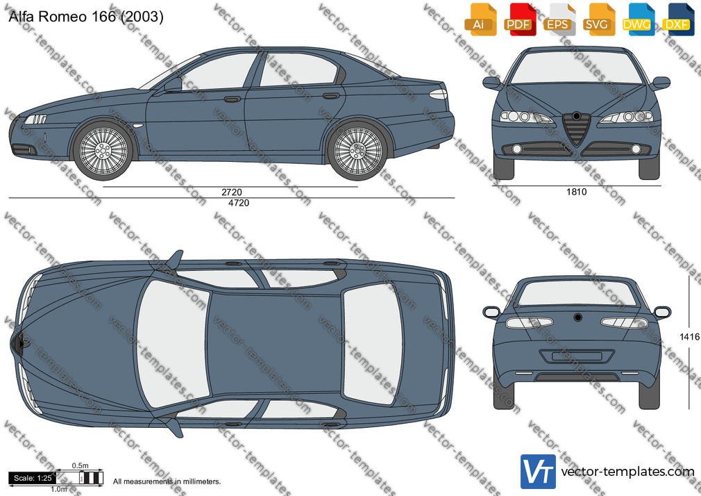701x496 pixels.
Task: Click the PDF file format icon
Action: point(520,19)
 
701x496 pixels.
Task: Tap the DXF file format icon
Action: point(679,19)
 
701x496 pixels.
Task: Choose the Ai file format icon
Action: point(480,19)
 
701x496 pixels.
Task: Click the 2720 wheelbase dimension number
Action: point(232,192)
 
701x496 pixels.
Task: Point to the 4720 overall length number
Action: point(239,203)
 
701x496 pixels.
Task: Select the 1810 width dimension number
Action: point(576,192)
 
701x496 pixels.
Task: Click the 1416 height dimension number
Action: point(689,337)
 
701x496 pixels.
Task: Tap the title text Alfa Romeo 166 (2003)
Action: point(86,17)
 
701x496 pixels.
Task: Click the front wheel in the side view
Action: point(103,150)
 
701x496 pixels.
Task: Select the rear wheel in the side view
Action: point(357,150)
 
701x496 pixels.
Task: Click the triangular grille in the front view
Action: point(576,129)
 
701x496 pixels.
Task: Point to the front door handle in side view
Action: point(232,99)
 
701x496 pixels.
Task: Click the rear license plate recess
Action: point(577,356)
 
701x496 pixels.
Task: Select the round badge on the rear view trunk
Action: point(578,317)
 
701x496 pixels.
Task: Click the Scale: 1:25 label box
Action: point(33,478)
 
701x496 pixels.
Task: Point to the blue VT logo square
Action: point(538,472)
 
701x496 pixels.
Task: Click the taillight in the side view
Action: point(438,94)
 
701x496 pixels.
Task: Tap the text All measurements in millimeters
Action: point(167,481)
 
